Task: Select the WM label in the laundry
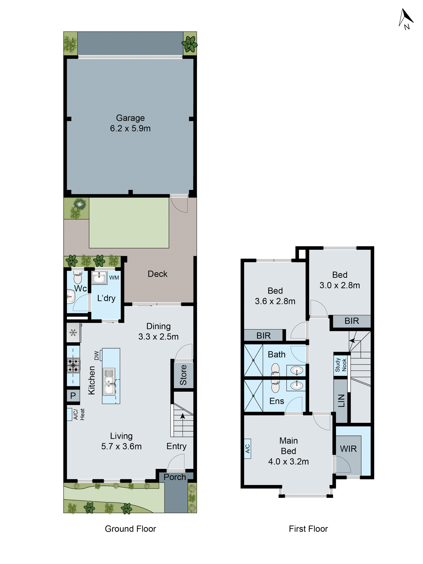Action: [x=114, y=277]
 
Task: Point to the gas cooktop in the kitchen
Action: [x=73, y=365]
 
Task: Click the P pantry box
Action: [x=73, y=396]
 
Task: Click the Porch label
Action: [x=175, y=477]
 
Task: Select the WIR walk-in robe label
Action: [x=348, y=449]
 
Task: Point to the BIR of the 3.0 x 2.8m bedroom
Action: [x=352, y=321]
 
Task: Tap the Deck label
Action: [x=157, y=274]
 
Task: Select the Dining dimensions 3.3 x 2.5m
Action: [x=158, y=337]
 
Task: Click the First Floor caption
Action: [x=308, y=529]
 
